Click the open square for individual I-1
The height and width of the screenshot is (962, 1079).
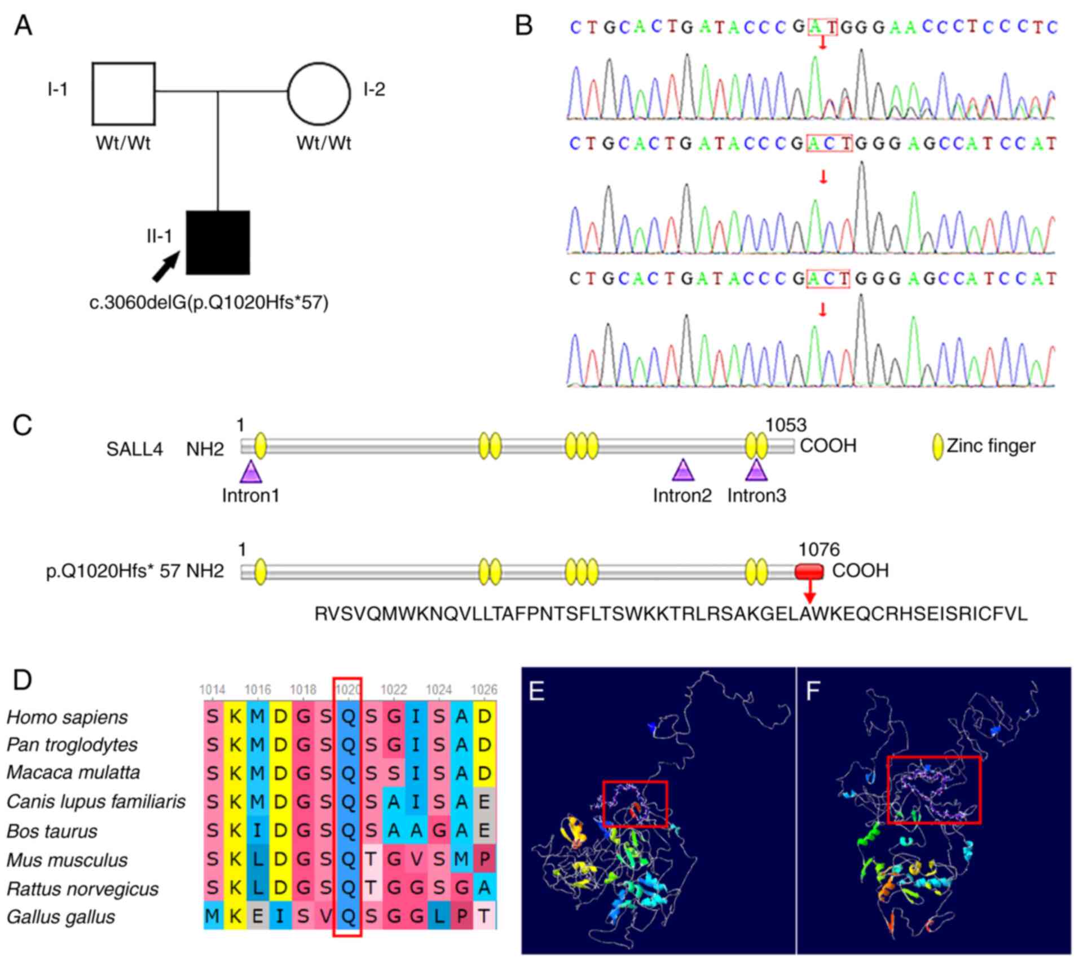[124, 93]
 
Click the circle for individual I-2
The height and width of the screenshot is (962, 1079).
[319, 93]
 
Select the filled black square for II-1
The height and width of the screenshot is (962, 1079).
[218, 242]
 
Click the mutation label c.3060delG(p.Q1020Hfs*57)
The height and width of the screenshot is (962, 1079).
[209, 303]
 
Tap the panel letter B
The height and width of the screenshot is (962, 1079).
[524, 26]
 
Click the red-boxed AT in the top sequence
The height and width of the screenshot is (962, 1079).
[822, 27]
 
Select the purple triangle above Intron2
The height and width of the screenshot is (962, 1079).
[683, 470]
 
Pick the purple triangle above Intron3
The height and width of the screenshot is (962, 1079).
[756, 470]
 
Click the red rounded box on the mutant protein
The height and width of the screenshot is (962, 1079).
[809, 572]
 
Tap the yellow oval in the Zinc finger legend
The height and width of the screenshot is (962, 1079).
[938, 447]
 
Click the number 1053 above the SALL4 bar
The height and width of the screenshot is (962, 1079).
[786, 425]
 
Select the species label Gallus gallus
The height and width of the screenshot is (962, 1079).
[61, 917]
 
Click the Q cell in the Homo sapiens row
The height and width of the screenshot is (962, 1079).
[348, 717]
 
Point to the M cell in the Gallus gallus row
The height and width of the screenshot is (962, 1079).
[213, 917]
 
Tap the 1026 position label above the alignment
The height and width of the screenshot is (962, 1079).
[484, 690]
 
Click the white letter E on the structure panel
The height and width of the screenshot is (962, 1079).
[537, 691]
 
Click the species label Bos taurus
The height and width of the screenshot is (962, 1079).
[52, 831]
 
